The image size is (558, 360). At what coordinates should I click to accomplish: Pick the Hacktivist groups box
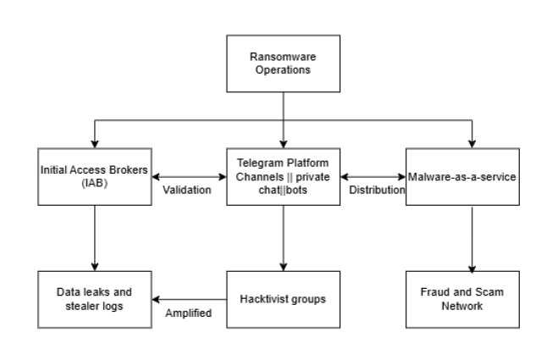pyautogui.click(x=283, y=298)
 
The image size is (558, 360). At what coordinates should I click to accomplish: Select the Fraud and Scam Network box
pyautogui.click(x=472, y=298)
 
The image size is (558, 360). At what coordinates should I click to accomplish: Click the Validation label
pyautogui.click(x=186, y=191)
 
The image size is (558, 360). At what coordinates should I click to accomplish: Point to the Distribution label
pyautogui.click(x=377, y=191)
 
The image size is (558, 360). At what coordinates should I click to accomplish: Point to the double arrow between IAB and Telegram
pyautogui.click(x=186, y=175)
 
